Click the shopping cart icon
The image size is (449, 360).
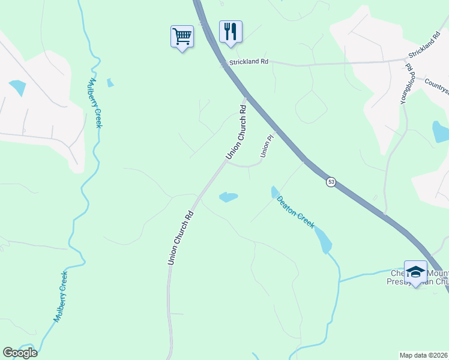[182, 37]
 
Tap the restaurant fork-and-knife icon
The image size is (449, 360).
[231, 31]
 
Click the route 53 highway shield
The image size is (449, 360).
[331, 182]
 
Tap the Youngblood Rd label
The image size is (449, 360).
[408, 84]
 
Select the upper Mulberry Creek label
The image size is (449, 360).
[95, 103]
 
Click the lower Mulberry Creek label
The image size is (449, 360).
[60, 296]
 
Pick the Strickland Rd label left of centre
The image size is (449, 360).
[248, 62]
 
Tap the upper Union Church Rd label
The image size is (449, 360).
[237, 132]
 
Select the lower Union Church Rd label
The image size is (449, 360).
[180, 238]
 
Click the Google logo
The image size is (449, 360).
[20, 353]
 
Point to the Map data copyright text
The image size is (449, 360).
[424, 355]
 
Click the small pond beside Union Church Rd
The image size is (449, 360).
[228, 197]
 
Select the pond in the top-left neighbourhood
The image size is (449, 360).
[17, 88]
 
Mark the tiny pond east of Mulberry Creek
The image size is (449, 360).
[110, 83]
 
